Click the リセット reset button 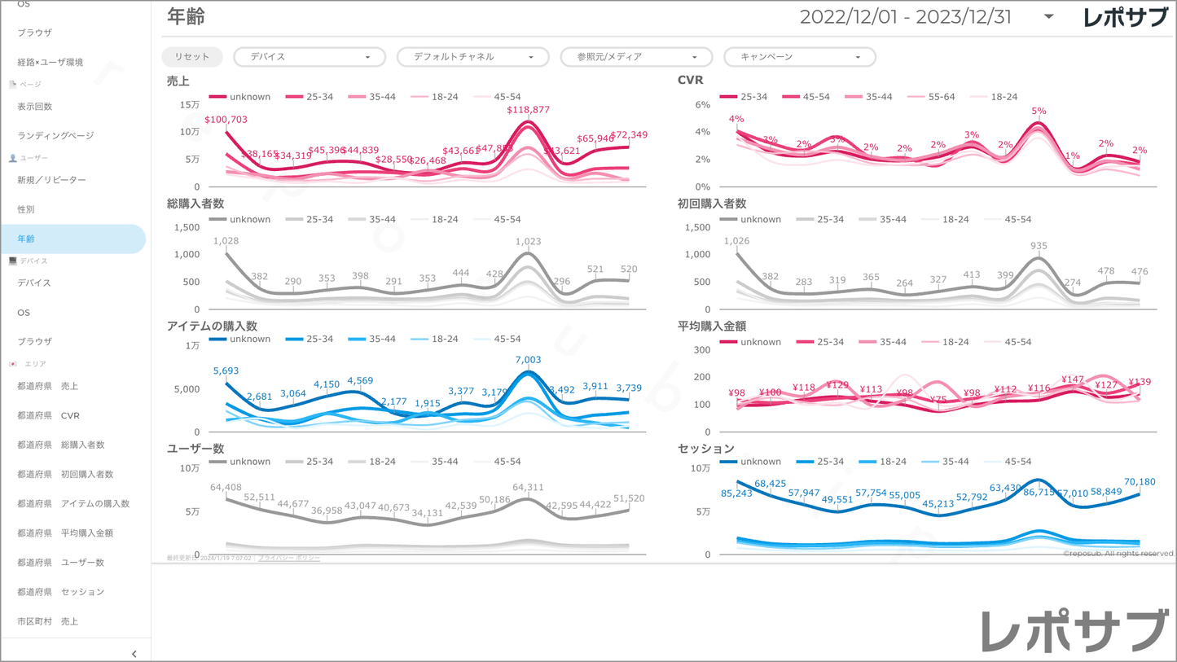coord(192,57)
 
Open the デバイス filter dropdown coord(310,57)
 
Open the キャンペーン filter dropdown coord(799,57)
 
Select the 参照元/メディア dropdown coord(636,57)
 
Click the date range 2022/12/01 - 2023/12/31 coord(905,17)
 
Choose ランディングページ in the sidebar coord(55,136)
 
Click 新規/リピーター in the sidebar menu coord(51,180)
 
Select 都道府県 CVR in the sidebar coord(49,415)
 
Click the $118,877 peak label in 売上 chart coord(528,110)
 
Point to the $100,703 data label coord(226,120)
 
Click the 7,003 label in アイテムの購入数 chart coord(528,360)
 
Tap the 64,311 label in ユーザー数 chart coord(528,488)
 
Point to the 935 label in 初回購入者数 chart coord(1039,246)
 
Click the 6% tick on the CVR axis coord(703,105)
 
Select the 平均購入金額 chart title coord(711,327)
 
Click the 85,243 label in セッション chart coord(736,493)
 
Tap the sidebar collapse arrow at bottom coord(134,653)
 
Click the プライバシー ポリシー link coord(289,558)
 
